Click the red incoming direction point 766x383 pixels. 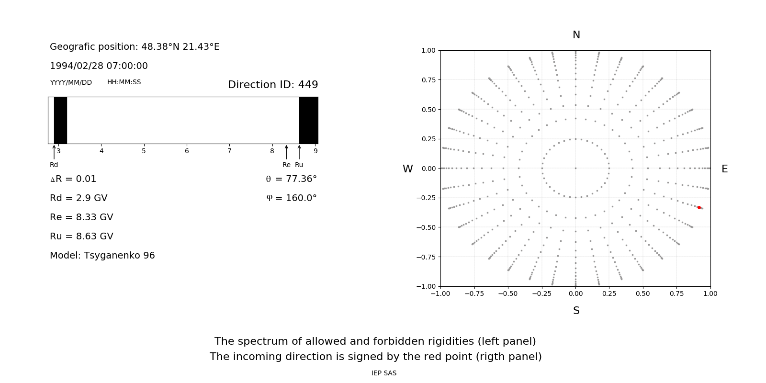699,207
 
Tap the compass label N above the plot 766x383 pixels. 576,35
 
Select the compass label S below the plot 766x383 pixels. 576,311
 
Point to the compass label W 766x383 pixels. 407,169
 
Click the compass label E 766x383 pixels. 724,169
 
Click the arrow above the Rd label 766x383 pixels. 54,152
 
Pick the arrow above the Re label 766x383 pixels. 286,152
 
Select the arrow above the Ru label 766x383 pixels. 299,152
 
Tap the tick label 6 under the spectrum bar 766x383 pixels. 187,151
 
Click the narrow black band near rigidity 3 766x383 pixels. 60,120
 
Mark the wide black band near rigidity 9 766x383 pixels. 309,120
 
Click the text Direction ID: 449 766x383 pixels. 273,85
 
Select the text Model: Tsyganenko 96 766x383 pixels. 102,255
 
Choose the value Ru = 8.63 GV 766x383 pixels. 81,236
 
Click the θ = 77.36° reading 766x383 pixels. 291,179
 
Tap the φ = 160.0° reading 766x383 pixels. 292,198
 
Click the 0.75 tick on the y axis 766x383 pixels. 428,80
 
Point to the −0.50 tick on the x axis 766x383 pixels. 507,293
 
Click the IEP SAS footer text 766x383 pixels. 384,373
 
